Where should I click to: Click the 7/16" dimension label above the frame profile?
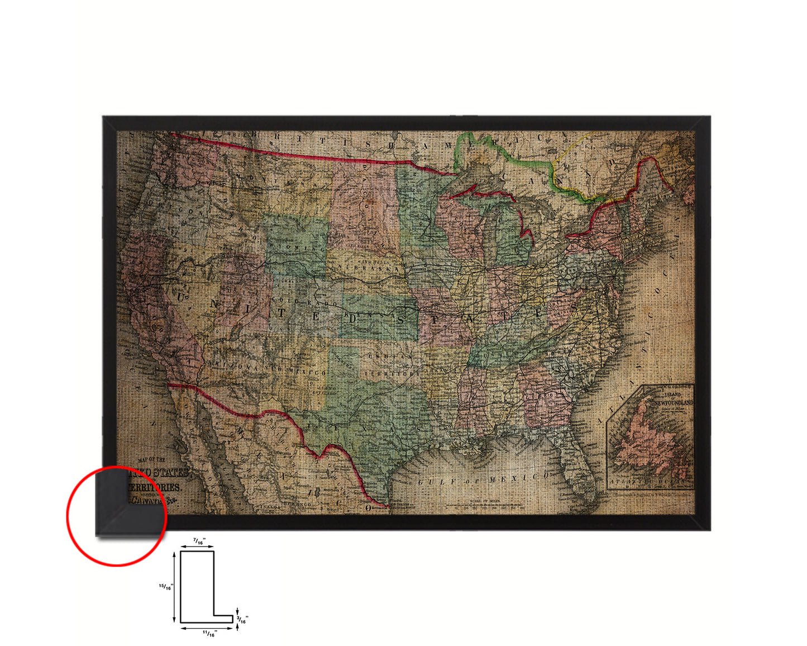[x=198, y=541]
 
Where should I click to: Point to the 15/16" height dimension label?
[x=165, y=586]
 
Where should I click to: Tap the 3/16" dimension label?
[x=243, y=619]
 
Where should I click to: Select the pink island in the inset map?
[x=648, y=444]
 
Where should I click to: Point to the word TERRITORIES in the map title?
[x=153, y=487]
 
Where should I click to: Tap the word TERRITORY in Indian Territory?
[x=391, y=373]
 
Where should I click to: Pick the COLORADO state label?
[x=304, y=303]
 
